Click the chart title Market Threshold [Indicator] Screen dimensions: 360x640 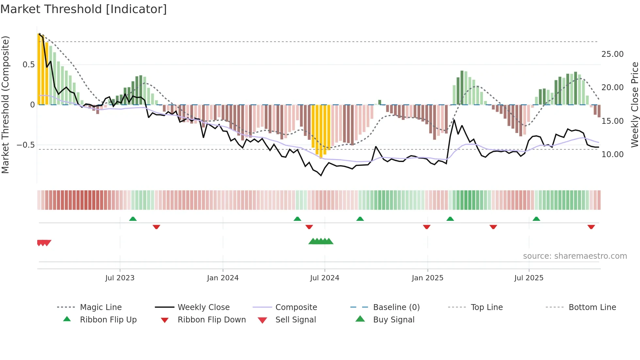point(84,9)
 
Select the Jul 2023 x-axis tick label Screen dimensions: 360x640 point(120,278)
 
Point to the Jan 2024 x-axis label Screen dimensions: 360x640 point(223,278)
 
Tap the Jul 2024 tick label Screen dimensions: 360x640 point(325,278)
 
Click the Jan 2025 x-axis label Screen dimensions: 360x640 point(427,278)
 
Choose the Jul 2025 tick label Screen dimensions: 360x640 point(529,278)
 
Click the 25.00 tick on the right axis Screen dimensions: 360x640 point(612,54)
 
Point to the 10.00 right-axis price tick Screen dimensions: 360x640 point(612,155)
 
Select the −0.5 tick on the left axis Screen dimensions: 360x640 point(25,145)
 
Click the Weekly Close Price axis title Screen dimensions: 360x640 point(634,105)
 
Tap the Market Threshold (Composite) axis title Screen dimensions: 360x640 point(6,105)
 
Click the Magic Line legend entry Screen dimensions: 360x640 point(101,307)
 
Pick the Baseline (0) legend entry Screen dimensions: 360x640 point(396,307)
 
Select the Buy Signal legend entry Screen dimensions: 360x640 point(393,320)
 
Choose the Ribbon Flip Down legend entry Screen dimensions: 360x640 point(211,320)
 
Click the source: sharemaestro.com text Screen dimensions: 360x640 point(575,256)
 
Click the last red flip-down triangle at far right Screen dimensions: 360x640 point(591,227)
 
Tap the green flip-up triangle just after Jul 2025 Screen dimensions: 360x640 point(536,219)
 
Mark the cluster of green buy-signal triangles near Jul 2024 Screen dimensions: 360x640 point(321,241)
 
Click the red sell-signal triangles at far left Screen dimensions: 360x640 point(44,243)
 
